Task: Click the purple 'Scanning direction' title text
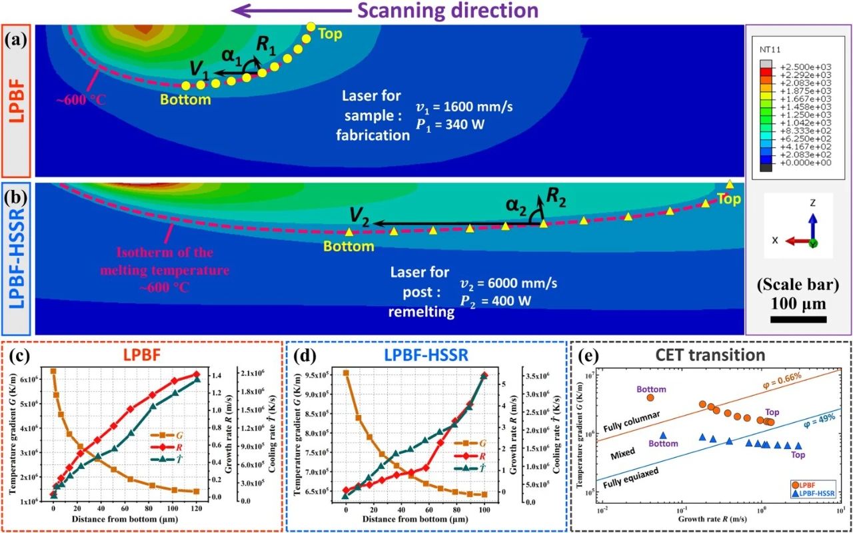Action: tap(444, 11)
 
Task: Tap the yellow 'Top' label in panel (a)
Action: tap(330, 33)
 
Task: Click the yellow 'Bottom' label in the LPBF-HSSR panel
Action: tap(349, 247)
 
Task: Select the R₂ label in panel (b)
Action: tap(556, 197)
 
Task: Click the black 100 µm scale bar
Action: tap(798, 320)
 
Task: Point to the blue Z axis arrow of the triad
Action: tap(812, 227)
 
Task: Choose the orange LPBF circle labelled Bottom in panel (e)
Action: tap(651, 398)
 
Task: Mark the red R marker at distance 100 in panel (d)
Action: tap(484, 375)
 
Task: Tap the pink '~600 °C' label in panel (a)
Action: tap(82, 101)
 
